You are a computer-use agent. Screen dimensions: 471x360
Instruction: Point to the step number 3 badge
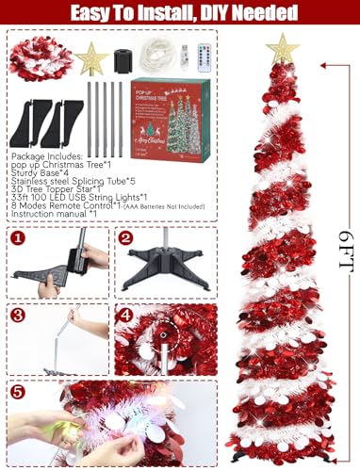17,313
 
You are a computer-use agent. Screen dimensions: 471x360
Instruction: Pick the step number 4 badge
126,313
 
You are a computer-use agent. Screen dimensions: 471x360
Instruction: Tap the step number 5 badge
17,388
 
